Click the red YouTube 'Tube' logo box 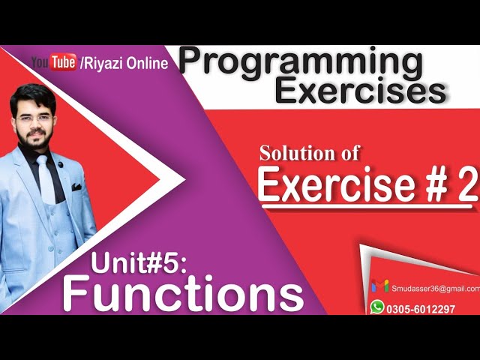(x=64, y=63)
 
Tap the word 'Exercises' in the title (x=360, y=91)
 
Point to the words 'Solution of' (x=310, y=153)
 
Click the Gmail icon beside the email (x=380, y=286)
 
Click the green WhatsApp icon (x=377, y=307)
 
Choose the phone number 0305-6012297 (x=420, y=308)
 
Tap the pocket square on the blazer (x=76, y=187)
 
